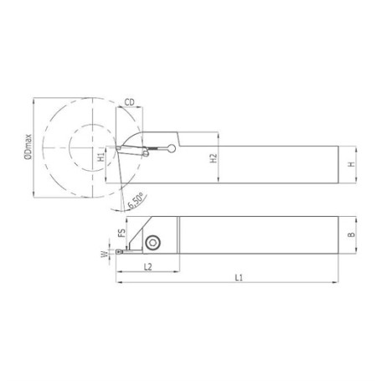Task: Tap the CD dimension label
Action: coord(130,103)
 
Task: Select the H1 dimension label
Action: coord(100,155)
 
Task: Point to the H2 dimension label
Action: coord(214,158)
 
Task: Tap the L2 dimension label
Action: coord(147,266)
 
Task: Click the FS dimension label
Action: coord(121,234)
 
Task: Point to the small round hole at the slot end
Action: coord(171,150)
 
